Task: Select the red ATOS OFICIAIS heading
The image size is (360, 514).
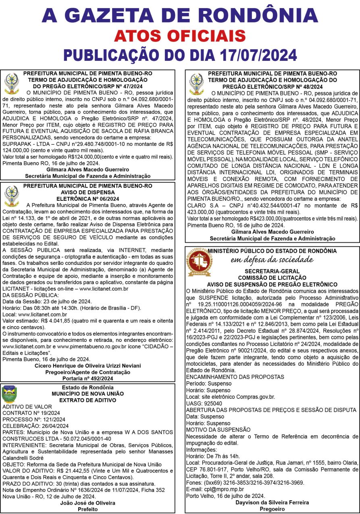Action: (179, 36)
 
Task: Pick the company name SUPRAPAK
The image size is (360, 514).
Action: (16, 144)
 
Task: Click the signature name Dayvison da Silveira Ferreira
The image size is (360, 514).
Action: (272, 502)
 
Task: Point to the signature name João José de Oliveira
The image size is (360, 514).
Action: (87, 503)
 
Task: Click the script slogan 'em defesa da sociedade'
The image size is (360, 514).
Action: (272, 259)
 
